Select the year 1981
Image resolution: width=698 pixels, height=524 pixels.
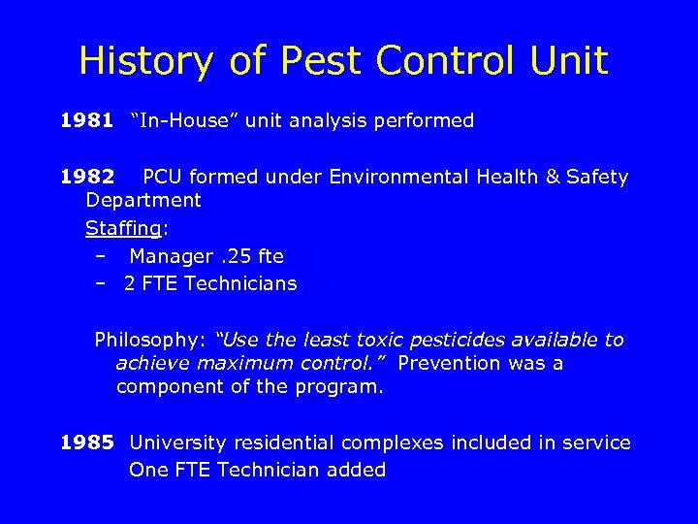pyautogui.click(x=85, y=121)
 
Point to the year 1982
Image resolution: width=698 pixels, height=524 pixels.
pyautogui.click(x=85, y=177)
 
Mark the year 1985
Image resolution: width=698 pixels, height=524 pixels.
pyautogui.click(x=85, y=443)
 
